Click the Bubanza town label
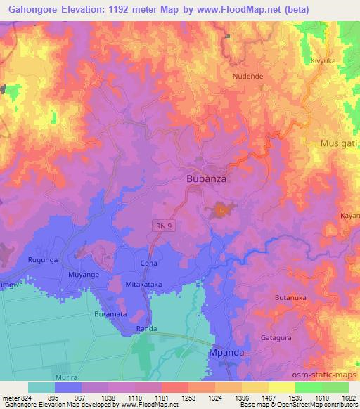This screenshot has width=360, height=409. pyautogui.click(x=206, y=179)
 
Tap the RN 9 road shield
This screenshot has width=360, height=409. pyautogui.click(x=163, y=224)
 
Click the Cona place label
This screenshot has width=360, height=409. pyautogui.click(x=148, y=262)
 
